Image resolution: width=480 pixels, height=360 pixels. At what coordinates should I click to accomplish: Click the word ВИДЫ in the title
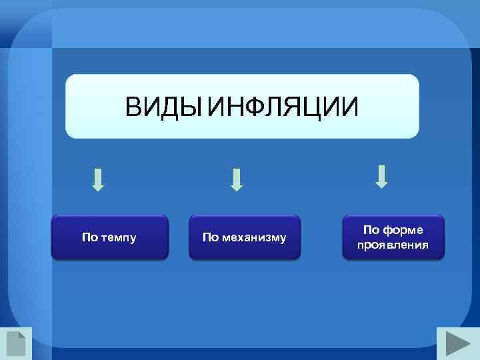pyautogui.click(x=164, y=107)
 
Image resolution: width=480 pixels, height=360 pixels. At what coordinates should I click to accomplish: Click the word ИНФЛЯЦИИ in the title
pyautogui.click(x=283, y=107)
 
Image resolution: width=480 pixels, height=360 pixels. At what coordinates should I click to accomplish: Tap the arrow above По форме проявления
pyautogui.click(x=382, y=176)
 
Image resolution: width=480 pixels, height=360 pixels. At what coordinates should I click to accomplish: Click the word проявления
pyautogui.click(x=393, y=245)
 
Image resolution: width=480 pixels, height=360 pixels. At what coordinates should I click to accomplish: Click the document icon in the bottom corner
pyautogui.click(x=15, y=343)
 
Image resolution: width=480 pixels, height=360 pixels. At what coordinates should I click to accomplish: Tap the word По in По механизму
pyautogui.click(x=210, y=238)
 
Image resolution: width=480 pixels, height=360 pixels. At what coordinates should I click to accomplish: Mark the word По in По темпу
pyautogui.click(x=89, y=237)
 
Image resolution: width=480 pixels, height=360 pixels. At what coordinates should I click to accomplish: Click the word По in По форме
pyautogui.click(x=371, y=230)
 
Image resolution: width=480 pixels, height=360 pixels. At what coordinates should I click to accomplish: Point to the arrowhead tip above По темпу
pyautogui.click(x=98, y=190)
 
